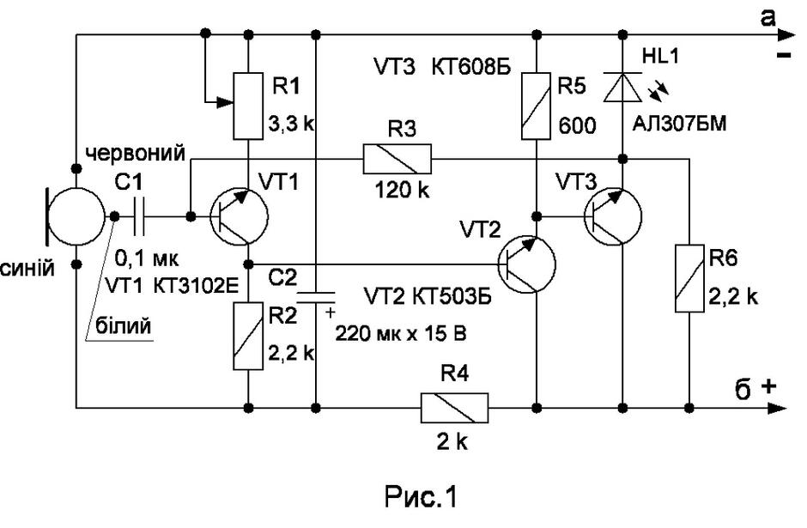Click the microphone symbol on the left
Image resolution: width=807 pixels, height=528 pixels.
pos(77,215)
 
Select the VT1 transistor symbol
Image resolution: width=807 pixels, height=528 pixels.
pos(240,216)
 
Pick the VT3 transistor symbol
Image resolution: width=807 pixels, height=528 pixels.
pos(613,216)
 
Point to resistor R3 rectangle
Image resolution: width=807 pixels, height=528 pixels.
pos(397,159)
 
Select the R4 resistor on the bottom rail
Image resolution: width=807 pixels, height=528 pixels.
pos(454,408)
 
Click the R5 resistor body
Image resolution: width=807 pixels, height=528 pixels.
pos(537,106)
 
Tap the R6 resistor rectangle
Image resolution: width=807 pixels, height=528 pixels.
pos(689,278)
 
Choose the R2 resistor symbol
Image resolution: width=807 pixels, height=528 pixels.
pos(249,336)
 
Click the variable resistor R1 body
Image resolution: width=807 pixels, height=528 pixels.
pos(249,106)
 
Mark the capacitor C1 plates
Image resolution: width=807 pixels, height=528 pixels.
pos(138,216)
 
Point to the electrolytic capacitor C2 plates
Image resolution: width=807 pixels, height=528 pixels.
pos(316,297)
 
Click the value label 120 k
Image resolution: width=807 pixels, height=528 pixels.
pos(402,191)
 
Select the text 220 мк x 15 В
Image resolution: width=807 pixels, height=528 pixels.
pos(401,333)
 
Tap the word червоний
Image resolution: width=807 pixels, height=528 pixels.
pos(136,154)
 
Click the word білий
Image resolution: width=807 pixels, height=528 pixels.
pos(124,325)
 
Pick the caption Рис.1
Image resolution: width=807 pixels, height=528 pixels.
pos(421,496)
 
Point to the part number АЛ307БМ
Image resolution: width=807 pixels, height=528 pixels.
pos(680,124)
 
